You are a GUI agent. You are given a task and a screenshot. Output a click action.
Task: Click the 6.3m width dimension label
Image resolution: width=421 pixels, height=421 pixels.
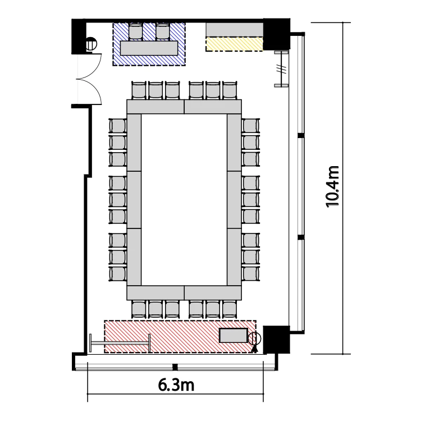176,385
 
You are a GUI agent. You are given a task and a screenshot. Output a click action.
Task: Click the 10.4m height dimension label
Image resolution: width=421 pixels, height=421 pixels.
333,187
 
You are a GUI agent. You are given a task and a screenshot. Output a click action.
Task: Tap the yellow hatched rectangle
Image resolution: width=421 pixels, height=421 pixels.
234,44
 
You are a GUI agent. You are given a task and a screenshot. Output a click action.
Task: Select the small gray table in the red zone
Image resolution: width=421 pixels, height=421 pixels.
234,335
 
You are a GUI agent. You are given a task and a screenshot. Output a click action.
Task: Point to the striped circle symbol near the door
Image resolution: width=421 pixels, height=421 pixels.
90,44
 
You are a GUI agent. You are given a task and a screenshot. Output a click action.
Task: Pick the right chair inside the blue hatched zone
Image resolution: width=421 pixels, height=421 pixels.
162,32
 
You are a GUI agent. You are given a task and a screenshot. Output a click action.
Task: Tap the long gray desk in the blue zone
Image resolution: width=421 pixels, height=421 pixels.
149,48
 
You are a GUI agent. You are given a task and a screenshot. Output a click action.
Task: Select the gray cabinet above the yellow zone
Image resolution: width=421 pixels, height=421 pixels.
234,30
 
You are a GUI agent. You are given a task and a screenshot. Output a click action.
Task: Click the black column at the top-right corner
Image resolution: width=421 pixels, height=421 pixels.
276,34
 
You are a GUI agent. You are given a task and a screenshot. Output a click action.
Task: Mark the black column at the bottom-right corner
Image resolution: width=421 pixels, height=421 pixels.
276,340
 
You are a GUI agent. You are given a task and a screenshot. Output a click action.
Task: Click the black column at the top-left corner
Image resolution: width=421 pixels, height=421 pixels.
78,36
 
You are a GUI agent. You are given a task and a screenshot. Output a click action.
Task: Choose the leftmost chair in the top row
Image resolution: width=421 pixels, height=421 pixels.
139,90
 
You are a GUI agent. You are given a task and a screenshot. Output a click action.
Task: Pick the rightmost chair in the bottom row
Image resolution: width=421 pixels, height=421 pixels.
230,309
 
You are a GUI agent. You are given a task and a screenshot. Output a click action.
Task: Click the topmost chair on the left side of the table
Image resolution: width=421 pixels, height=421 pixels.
118,126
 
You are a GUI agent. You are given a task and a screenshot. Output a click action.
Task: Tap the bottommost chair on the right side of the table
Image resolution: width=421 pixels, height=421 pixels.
251,274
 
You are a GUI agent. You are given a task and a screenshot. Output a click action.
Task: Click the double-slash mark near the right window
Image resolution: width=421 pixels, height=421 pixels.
281,69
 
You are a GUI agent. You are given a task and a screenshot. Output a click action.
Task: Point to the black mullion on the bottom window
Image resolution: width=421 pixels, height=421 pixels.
175,367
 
